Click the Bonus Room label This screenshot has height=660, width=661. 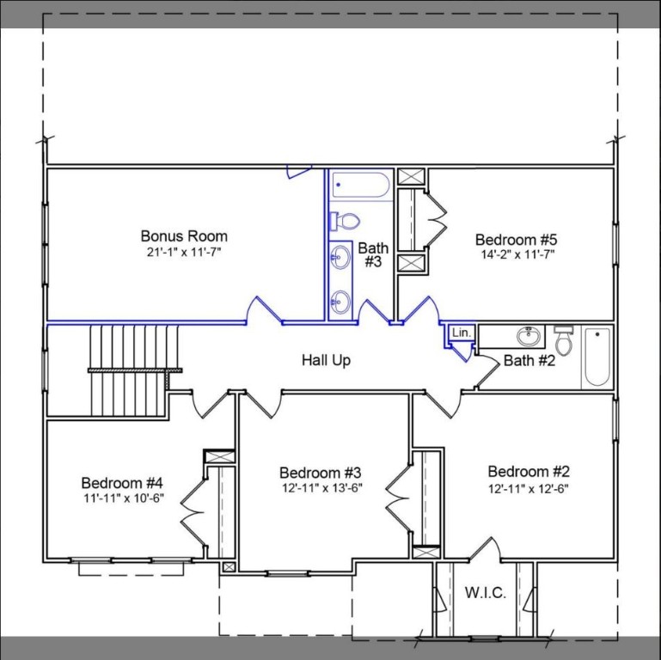coord(184,235)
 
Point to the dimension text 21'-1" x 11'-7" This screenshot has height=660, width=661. coord(184,252)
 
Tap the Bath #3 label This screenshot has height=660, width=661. coord(373,254)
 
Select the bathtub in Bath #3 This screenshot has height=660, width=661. coord(361,185)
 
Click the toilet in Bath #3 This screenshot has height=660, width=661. coord(345,221)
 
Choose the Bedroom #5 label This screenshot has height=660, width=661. coord(516,239)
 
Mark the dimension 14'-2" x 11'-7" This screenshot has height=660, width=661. coord(516,254)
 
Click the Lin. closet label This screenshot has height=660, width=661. coord(462,333)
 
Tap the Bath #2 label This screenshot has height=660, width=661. coord(529,360)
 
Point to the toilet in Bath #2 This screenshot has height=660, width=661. coord(564,341)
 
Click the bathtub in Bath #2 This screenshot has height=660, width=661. coord(597,357)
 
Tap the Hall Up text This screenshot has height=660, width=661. coord(326,360)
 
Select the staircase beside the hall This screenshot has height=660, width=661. coord(133,357)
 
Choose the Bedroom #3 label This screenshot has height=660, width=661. coord(320,473)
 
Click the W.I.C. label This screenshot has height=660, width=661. coord(486,593)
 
